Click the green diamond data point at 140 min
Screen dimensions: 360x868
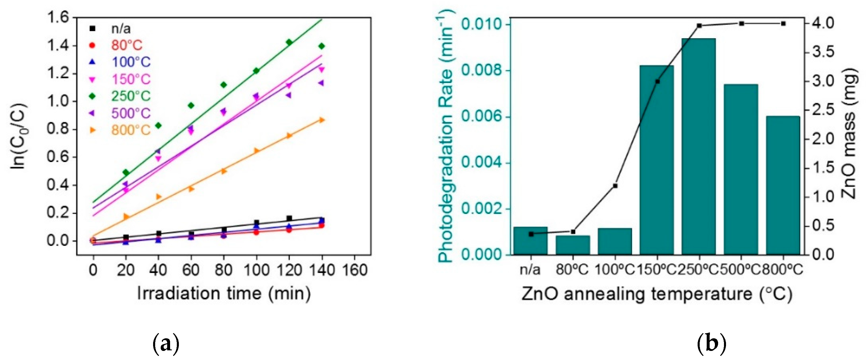(x=321, y=46)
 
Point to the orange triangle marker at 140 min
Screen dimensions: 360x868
(x=321, y=120)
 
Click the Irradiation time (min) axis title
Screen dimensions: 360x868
(x=224, y=294)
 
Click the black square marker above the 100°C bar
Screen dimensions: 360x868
(x=615, y=186)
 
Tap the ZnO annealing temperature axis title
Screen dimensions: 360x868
(x=656, y=294)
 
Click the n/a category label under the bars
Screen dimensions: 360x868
(x=530, y=270)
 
